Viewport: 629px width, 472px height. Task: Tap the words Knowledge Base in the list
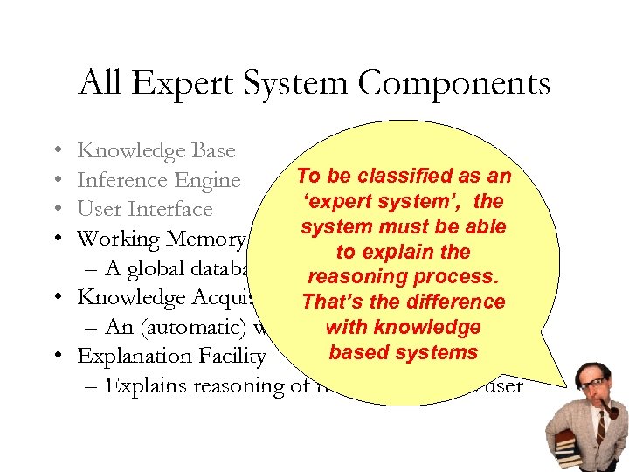156,151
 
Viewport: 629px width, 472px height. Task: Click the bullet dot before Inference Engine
55,181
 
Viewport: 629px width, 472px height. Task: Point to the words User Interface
145,210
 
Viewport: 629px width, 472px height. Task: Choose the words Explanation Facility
171,357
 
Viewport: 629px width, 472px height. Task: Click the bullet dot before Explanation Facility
55,357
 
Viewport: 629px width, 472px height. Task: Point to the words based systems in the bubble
403,352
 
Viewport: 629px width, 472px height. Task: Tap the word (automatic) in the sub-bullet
192,327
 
